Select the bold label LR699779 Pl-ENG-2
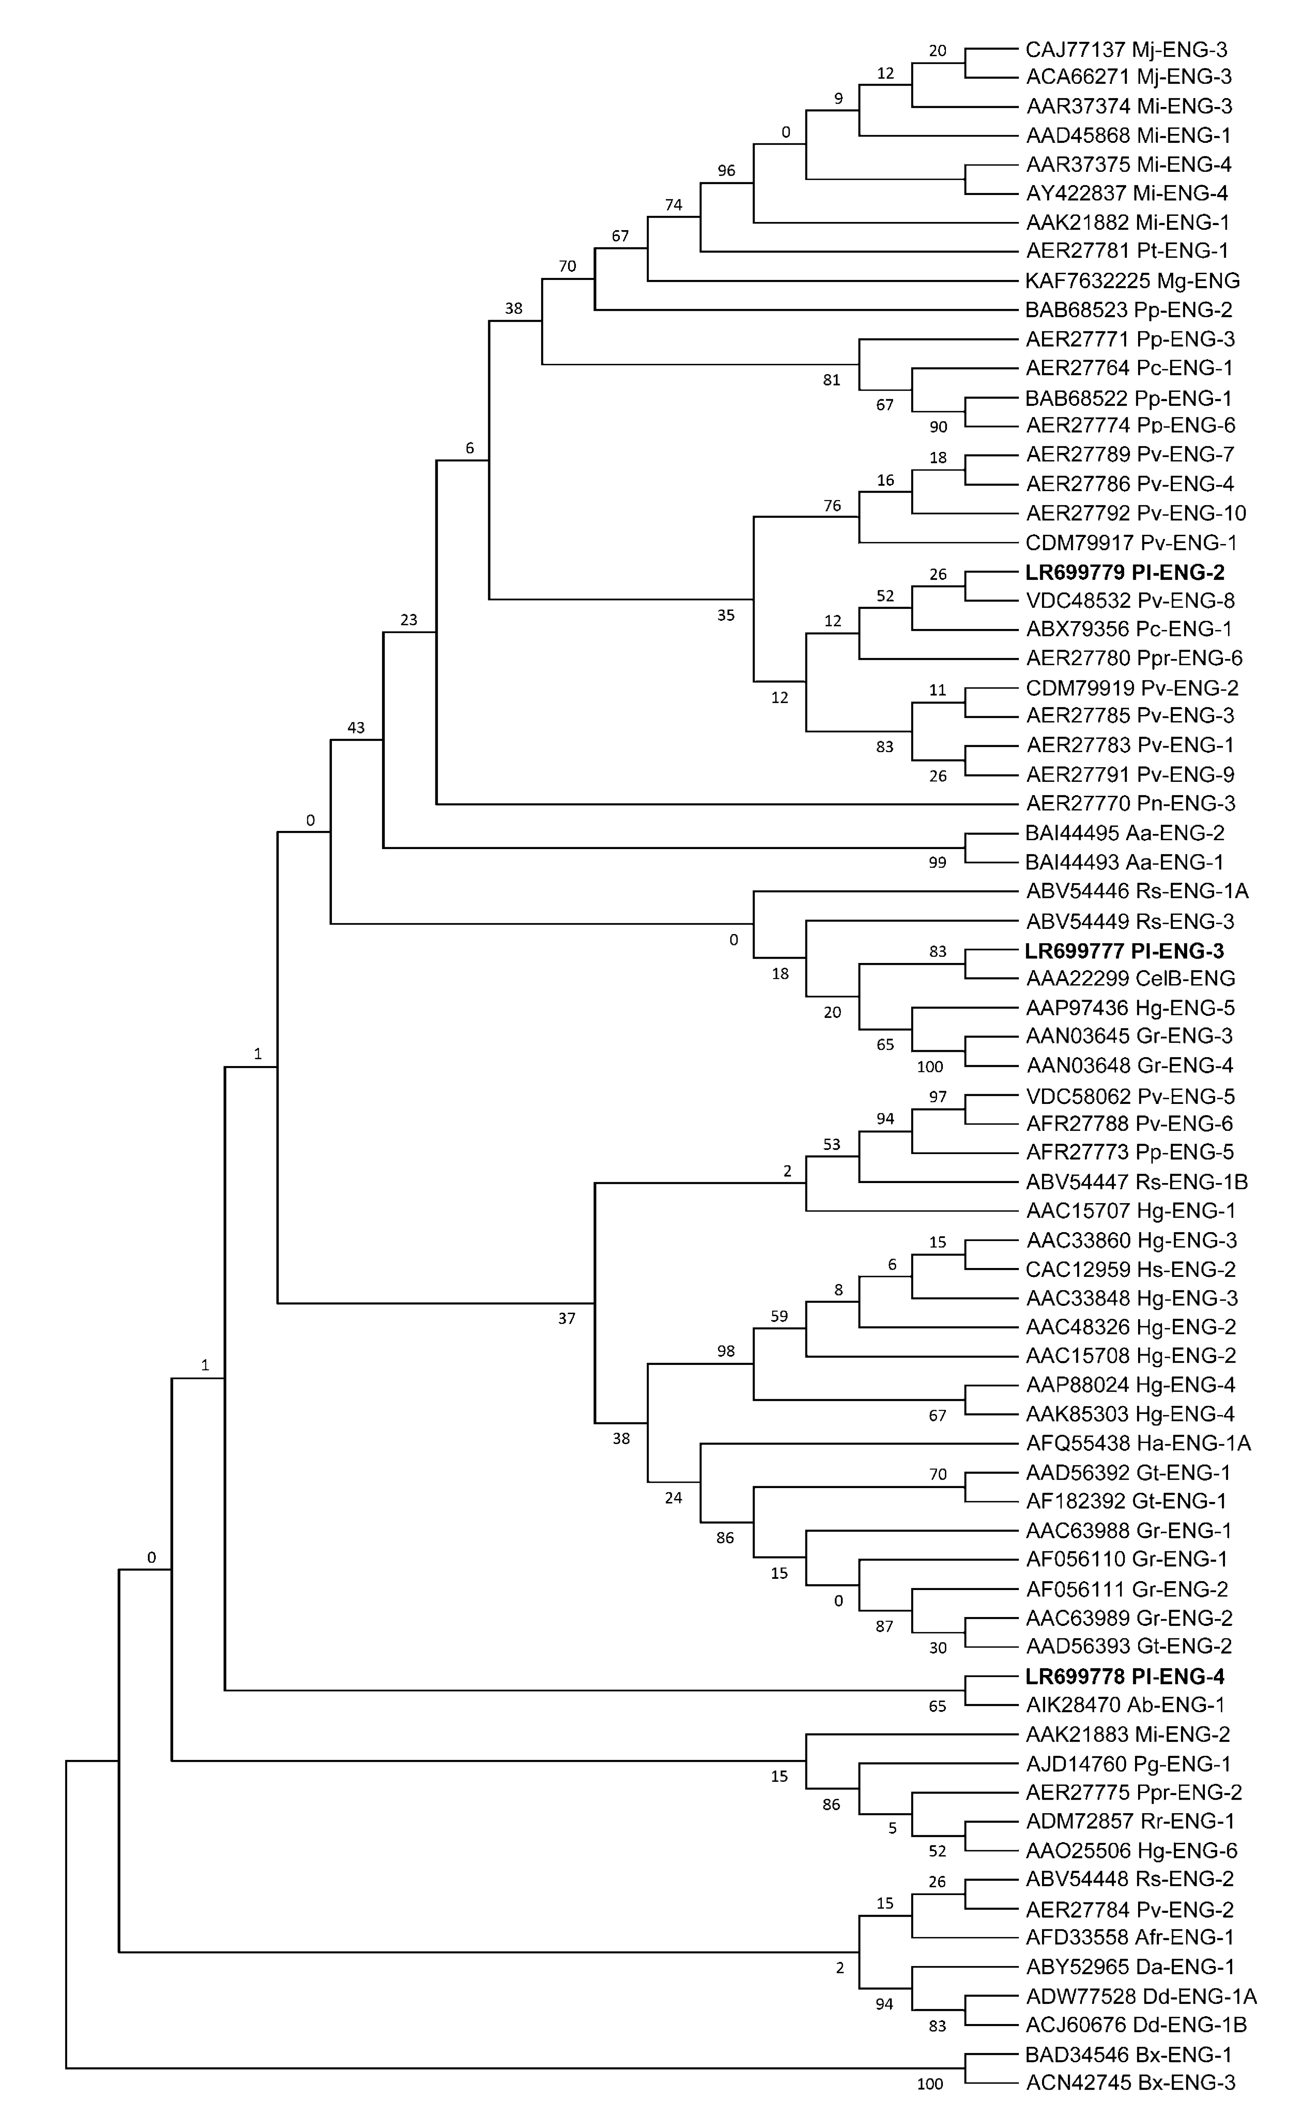coord(1125,572)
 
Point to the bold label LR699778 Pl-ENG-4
coord(1125,1677)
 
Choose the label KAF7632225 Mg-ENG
coord(1132,281)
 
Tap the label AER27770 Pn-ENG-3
coord(1131,804)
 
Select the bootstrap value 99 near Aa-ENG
coord(937,863)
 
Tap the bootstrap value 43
coord(356,728)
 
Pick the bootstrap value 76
coord(832,505)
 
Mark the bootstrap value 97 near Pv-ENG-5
coord(938,1097)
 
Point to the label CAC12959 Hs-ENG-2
coord(1131,1270)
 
